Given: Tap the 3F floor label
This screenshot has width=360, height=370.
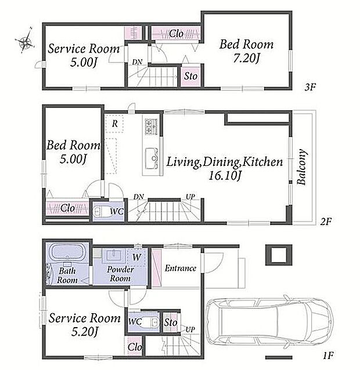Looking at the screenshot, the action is point(310,88).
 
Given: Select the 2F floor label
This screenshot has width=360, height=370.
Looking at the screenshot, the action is point(326,222).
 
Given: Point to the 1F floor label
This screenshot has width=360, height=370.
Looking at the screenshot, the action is point(328,355).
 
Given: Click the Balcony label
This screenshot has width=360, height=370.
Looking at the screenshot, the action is point(302,167).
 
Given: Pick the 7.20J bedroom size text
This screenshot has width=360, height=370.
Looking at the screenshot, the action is point(246,58).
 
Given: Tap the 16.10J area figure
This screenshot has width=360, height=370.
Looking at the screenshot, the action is point(225,175).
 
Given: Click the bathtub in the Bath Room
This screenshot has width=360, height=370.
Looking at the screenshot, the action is point(67,252).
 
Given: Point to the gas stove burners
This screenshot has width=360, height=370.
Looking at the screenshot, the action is point(152,127).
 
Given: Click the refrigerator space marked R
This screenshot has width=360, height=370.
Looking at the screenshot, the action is point(114,124).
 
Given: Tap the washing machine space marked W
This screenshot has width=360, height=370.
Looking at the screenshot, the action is point(136,257).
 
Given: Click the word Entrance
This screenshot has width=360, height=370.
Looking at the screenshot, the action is point(181,269).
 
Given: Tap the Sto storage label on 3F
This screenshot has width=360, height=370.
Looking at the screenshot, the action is point(190,76).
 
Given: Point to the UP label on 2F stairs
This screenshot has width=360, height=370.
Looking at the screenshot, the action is point(190,197).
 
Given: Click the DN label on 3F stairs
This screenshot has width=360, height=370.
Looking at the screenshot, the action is point(137,62).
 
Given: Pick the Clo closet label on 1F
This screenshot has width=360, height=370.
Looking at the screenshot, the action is point(135,347).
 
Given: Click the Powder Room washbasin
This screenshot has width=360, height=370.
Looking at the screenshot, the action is point(114,256).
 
